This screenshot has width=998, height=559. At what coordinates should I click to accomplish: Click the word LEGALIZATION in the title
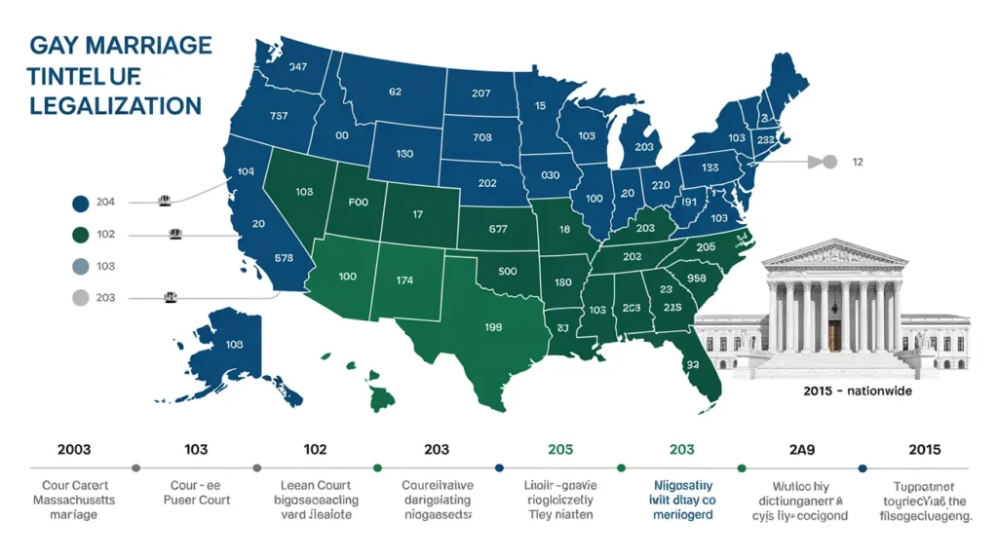click(115, 105)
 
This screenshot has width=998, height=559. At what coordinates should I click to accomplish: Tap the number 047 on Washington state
click(298, 67)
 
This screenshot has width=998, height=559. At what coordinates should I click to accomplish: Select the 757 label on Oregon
click(279, 116)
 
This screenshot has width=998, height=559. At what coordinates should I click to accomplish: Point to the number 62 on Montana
click(395, 93)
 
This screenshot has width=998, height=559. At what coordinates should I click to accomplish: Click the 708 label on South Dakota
click(481, 137)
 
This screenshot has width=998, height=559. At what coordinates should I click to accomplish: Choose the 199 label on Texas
click(492, 326)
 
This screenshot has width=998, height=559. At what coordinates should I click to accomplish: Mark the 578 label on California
click(285, 258)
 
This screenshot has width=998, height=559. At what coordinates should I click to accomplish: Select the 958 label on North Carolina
click(696, 277)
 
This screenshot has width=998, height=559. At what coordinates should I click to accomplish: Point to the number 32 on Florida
click(693, 364)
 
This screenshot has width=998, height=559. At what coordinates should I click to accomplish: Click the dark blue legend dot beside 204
click(81, 203)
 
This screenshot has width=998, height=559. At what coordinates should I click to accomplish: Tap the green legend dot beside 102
click(81, 234)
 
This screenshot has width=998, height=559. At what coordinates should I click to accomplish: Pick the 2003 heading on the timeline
click(74, 449)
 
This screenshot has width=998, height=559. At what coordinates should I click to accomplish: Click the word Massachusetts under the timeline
click(74, 500)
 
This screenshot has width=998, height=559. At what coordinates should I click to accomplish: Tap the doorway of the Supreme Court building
click(834, 337)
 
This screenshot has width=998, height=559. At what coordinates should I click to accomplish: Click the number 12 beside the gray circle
click(859, 162)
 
